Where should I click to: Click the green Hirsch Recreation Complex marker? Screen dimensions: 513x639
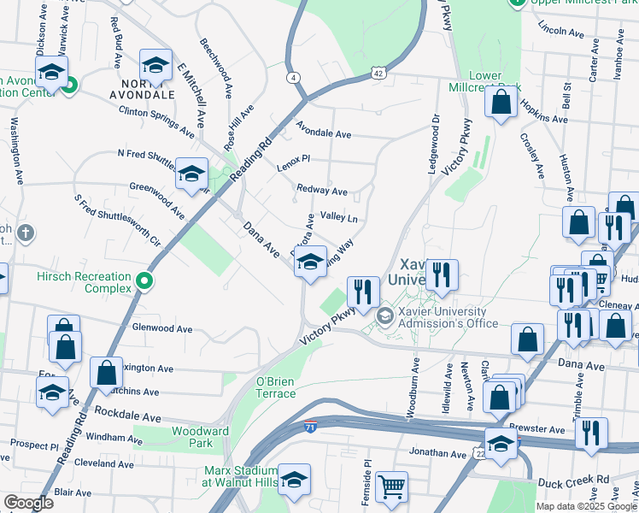145,280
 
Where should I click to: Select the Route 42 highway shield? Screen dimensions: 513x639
378,74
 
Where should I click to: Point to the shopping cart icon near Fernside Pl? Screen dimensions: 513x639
391,487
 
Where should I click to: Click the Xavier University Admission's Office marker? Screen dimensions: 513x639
385,316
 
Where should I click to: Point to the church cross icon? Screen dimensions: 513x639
26,233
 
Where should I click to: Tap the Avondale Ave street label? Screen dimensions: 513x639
324,134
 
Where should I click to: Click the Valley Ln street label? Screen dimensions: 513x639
337,218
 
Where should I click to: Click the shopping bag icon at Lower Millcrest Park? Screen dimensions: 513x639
501,102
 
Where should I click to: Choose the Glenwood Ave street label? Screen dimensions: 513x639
158,327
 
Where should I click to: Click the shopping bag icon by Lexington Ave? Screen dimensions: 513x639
106,373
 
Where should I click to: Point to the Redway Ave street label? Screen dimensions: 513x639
321,191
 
